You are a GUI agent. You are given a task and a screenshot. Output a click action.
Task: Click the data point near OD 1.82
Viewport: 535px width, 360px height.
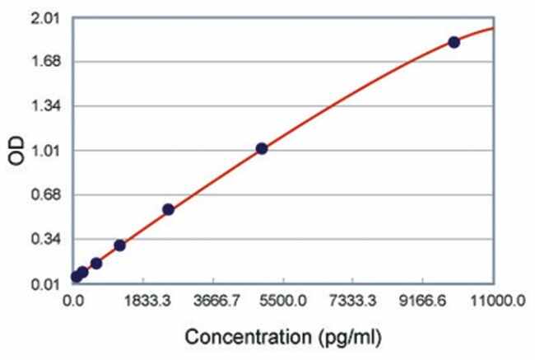click(454, 42)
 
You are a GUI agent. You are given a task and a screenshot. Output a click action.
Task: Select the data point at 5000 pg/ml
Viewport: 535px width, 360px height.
click(262, 148)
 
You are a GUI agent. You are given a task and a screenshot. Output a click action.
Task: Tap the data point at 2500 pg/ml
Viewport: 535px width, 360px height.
click(168, 209)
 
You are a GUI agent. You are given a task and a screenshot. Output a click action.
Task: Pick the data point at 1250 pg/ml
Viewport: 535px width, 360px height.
click(119, 245)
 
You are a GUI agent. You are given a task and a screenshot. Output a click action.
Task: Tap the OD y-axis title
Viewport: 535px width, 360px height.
click(14, 151)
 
